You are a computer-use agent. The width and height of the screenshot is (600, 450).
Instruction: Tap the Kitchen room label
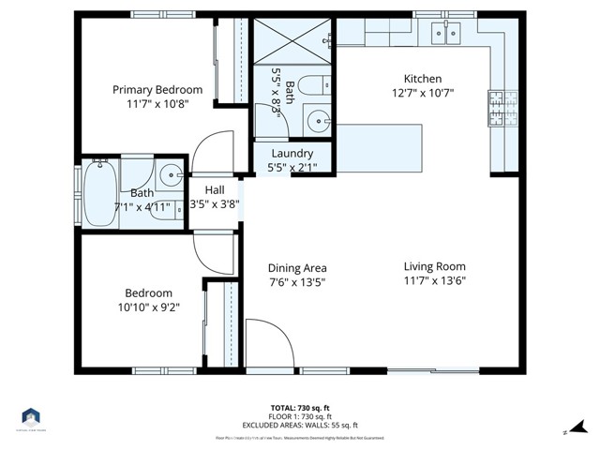click(x=422, y=79)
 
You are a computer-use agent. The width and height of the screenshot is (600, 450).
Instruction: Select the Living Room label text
click(x=434, y=265)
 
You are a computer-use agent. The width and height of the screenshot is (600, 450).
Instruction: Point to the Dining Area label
click(x=296, y=267)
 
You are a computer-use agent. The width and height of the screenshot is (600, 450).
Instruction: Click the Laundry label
click(x=292, y=154)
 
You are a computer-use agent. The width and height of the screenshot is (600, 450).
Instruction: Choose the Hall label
click(x=215, y=189)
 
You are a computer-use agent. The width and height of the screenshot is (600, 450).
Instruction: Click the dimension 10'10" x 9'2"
click(x=148, y=307)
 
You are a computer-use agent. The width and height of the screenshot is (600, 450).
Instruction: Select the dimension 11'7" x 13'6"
click(x=434, y=279)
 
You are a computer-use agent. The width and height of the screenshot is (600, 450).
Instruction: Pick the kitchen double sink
click(x=444, y=34)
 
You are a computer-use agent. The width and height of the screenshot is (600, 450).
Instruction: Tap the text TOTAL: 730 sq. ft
click(x=299, y=408)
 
